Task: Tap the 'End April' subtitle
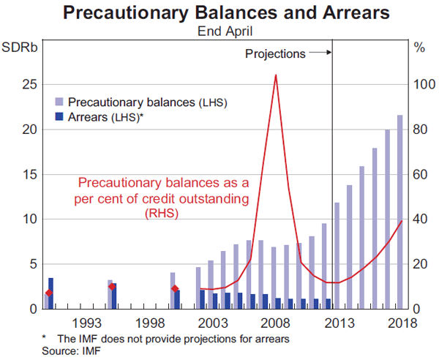(219, 31)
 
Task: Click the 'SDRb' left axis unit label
(20, 48)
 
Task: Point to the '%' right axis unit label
(419, 48)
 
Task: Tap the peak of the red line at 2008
(275, 75)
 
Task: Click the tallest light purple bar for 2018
(399, 211)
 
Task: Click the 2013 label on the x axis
(337, 323)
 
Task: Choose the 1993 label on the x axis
(86, 323)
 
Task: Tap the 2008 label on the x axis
(274, 323)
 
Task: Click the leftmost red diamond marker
(48, 293)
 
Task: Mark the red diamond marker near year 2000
(174, 289)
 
